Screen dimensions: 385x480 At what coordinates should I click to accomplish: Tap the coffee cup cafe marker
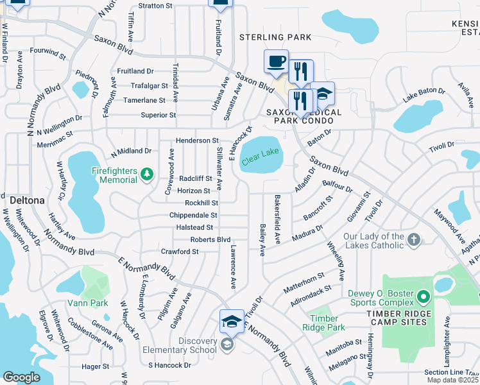(x=277, y=62)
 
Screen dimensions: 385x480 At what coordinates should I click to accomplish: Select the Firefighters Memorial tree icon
(x=147, y=173)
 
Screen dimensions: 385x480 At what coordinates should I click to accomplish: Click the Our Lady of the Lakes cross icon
(x=414, y=241)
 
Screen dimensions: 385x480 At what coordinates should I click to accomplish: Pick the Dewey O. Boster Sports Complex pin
(x=422, y=298)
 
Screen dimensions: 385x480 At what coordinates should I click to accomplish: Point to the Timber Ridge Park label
(x=327, y=323)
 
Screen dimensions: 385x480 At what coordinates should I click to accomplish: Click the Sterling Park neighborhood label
(x=275, y=37)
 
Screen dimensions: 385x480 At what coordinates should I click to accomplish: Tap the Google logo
(x=21, y=377)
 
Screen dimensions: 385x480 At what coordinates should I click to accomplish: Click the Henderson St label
(x=198, y=141)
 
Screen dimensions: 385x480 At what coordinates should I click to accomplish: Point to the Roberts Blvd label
(x=210, y=239)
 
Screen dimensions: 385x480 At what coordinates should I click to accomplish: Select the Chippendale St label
(x=193, y=216)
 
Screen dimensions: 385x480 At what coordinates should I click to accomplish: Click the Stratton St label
(x=155, y=6)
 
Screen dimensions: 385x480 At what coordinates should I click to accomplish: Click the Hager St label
(x=96, y=366)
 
